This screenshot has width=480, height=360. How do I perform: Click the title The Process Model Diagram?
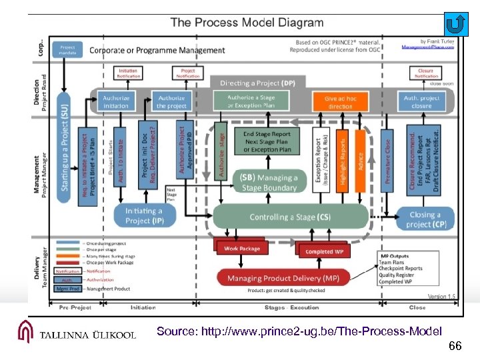[247, 23]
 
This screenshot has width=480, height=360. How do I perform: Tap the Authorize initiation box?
[116, 102]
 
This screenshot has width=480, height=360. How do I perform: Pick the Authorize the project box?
[171, 102]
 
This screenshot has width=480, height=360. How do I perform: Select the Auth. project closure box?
[421, 102]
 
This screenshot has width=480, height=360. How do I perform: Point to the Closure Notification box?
[425, 73]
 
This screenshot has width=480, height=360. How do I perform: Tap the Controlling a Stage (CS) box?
[290, 217]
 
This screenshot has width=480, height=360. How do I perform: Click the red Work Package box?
[241, 249]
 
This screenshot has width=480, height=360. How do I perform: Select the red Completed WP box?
[324, 251]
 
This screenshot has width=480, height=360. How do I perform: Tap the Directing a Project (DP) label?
[257, 83]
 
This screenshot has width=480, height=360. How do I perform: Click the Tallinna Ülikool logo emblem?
[26, 332]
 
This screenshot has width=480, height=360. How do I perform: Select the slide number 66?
[455, 346]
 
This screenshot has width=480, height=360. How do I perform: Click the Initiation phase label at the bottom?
[143, 307]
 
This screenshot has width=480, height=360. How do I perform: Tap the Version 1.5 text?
[441, 296]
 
